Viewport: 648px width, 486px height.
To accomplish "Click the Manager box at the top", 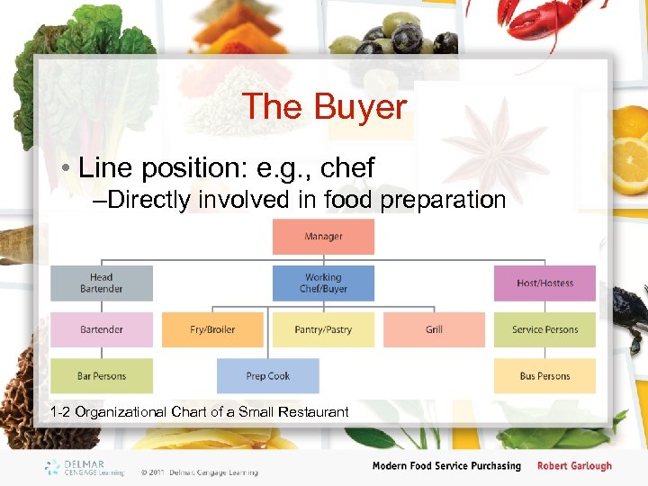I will pos(323,237).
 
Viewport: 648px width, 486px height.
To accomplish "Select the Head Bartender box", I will pos(102,283).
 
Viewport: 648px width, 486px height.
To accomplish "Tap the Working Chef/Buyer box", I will pos(323,283).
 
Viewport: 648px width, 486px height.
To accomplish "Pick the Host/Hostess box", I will pos(544,283).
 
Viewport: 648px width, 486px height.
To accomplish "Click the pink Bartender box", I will pos(102,329).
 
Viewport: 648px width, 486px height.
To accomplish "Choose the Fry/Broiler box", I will pos(212,329).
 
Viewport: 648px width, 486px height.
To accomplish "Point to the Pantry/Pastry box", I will pos(323,329).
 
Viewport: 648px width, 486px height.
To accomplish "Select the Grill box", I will pos(434,329).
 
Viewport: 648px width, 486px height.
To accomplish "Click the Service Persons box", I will pos(544,329).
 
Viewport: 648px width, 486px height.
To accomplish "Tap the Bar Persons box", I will pos(102,376).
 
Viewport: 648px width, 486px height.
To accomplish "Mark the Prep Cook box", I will pos(267,376).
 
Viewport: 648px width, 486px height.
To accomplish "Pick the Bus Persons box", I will pos(544,376).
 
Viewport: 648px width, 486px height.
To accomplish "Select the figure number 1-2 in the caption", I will pos(61,412).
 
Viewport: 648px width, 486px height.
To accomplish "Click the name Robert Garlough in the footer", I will pos(574,466).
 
